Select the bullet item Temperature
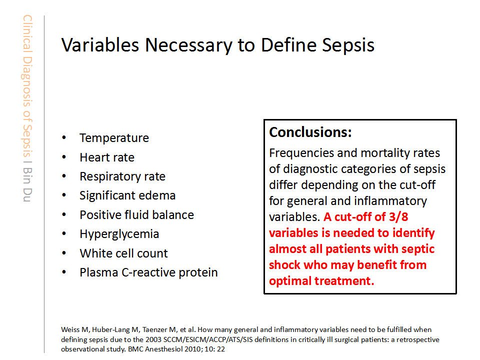114,138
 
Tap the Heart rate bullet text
107,157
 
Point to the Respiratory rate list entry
122,176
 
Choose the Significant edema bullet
127,195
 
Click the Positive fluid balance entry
137,215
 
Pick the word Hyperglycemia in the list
119,234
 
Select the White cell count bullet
123,253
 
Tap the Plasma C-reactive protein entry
149,272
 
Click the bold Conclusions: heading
310,132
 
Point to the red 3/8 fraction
398,216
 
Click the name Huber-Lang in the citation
111,329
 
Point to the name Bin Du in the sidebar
27,184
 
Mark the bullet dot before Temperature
64,138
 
